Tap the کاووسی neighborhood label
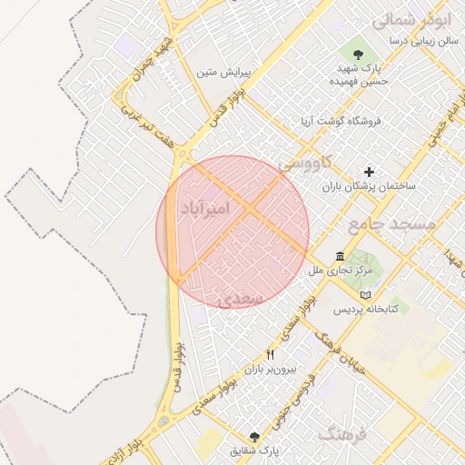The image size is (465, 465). pyautogui.click(x=305, y=163)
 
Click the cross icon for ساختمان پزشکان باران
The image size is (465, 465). pyautogui.click(x=369, y=171)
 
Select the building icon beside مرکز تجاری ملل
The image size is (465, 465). pyautogui.click(x=339, y=256)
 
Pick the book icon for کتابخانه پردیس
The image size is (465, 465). pyautogui.click(x=365, y=296)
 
